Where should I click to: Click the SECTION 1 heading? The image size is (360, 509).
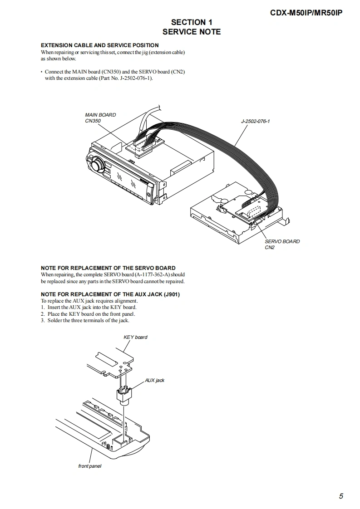click(x=192, y=22)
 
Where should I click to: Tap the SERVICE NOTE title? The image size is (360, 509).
click(x=192, y=32)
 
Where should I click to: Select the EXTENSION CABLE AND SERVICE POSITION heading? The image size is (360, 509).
click(x=100, y=45)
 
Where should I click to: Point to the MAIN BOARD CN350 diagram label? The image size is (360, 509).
click(x=100, y=118)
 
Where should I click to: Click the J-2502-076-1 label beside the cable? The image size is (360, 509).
click(x=255, y=122)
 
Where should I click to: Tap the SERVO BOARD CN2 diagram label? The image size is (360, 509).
click(x=282, y=245)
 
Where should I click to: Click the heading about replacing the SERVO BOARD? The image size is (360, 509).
click(x=108, y=268)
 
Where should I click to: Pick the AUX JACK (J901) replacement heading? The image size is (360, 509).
click(x=110, y=294)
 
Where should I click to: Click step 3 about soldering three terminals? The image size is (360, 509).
click(x=85, y=320)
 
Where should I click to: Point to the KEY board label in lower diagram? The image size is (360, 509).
click(x=135, y=338)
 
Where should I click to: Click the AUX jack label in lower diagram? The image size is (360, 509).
click(x=155, y=380)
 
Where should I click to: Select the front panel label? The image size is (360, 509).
click(x=90, y=466)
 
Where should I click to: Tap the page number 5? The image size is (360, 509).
click(x=341, y=496)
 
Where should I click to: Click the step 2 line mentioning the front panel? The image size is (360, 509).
click(x=88, y=314)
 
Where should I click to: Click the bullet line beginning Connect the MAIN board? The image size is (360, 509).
click(x=114, y=72)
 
